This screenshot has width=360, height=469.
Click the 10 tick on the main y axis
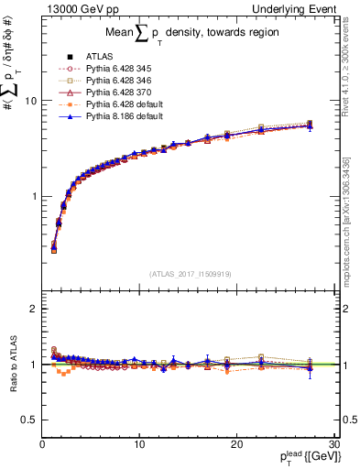pyautogui.click(x=30, y=101)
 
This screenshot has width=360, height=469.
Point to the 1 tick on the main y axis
pyautogui.click(x=33, y=197)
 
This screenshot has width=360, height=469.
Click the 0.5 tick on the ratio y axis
pyautogui.click(x=29, y=420)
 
